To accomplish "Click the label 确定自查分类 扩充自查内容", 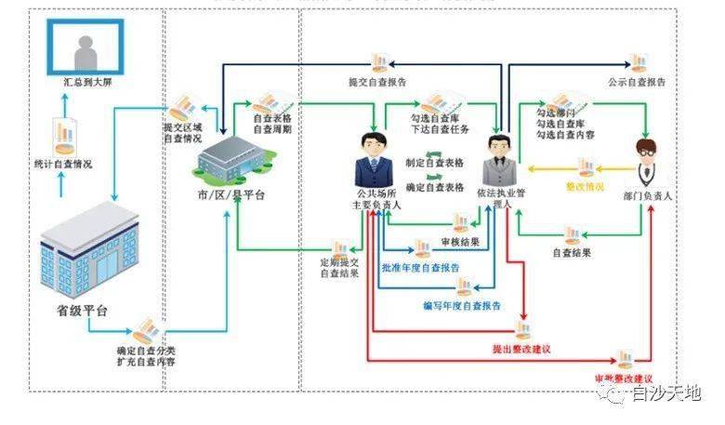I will pos(146,356).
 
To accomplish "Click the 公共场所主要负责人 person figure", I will pos(373,162).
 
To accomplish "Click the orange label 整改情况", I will pos(585,187).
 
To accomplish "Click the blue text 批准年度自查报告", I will pos(420,268).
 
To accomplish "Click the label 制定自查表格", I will pos(435,162).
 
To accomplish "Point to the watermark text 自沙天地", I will pos(666,394).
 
